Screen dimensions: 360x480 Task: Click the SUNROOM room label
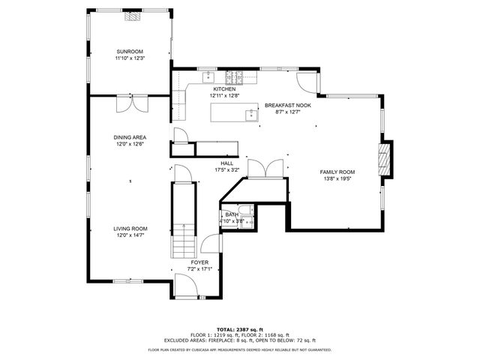[x=129, y=51]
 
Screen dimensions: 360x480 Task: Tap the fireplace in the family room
[x=385, y=159]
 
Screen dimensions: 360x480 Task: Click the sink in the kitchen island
[x=250, y=115]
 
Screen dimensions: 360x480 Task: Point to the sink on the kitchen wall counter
[x=208, y=76]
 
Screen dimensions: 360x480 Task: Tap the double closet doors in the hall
[x=265, y=169]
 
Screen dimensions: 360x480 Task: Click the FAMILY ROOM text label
[x=339, y=172]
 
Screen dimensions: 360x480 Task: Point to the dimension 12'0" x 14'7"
[x=130, y=235]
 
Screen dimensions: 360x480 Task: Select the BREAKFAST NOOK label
[x=287, y=105]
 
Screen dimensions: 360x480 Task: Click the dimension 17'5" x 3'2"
[x=226, y=169]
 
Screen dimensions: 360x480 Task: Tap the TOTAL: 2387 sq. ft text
[x=239, y=329]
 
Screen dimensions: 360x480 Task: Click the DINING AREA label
[x=130, y=137]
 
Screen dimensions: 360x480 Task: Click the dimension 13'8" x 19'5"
[x=339, y=178]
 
